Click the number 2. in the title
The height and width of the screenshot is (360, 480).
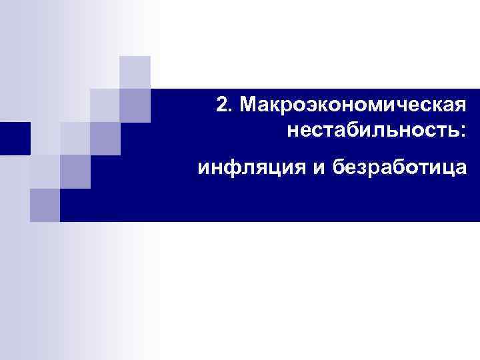225,104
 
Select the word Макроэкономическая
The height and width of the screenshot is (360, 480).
353,104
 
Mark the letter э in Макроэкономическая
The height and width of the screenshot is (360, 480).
291,105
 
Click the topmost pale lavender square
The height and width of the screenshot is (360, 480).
135,71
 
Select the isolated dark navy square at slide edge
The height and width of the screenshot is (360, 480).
15,139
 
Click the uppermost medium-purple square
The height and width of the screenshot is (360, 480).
135,105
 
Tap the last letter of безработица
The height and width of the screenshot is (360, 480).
460,167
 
